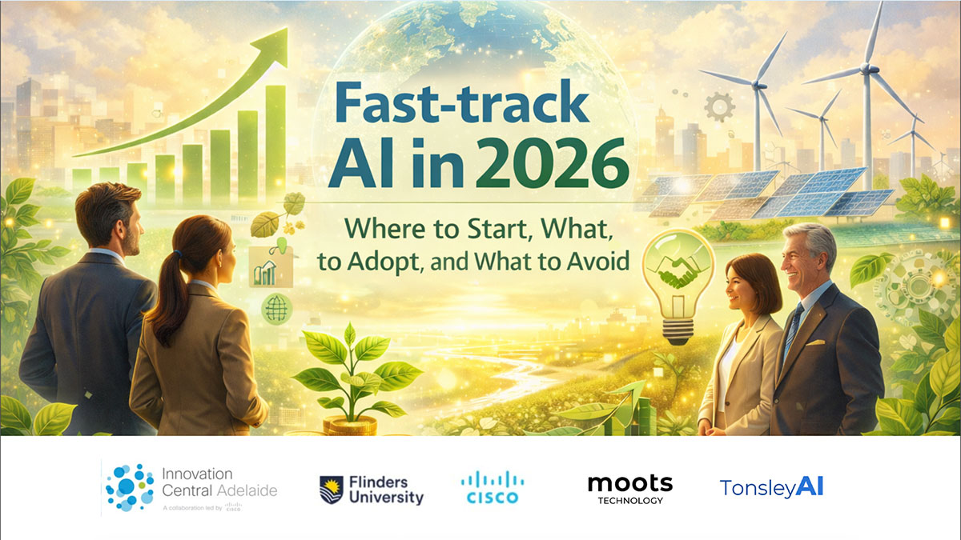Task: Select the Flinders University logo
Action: coord(371,490)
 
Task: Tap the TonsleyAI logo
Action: coord(771,487)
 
